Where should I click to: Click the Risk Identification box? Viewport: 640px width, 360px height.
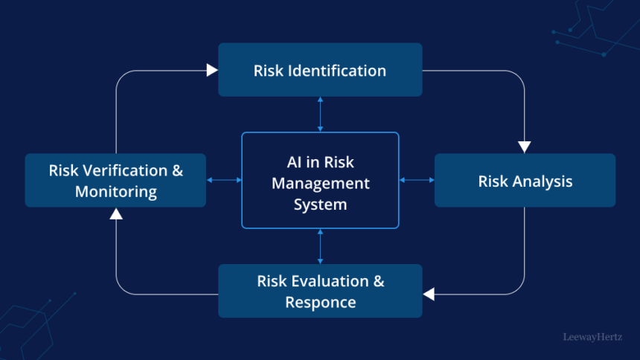coord(320,70)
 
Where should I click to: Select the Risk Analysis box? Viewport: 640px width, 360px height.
coord(525,180)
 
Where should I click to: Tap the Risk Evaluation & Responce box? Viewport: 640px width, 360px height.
coord(320,291)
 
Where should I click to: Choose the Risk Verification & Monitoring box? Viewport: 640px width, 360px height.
coord(115,180)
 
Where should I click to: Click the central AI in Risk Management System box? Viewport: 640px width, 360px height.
coord(320,180)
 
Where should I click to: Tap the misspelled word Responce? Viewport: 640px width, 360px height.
coord(320,302)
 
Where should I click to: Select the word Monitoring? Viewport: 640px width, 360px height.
coord(115,191)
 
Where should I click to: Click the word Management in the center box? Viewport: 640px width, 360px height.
coord(320,183)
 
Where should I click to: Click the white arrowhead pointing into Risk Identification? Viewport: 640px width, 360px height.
coord(212,70)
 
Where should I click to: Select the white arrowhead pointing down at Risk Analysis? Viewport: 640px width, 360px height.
coord(525,147)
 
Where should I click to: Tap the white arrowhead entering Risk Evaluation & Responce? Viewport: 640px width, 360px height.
coord(429,294)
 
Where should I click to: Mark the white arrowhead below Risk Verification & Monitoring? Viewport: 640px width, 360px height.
coord(115,214)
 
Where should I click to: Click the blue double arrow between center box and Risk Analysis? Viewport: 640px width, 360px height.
coord(417,180)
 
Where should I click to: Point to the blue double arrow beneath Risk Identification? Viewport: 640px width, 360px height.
coord(320,114)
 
